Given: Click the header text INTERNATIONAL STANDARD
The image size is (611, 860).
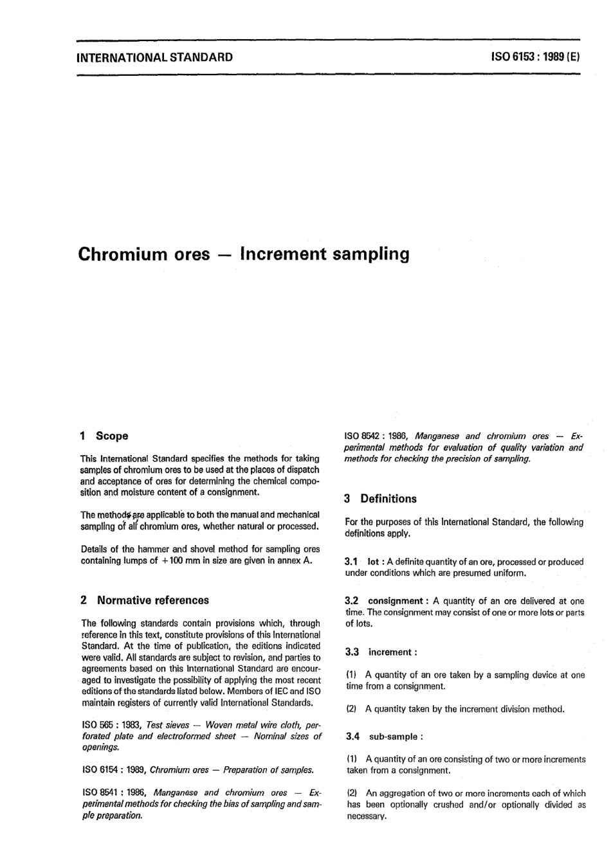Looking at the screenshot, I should click(x=154, y=57).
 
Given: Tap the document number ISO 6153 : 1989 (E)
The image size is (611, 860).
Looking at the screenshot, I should click(x=535, y=57).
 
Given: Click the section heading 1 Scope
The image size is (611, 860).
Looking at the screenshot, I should click(x=104, y=436).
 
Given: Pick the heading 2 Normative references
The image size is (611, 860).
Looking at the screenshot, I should click(x=145, y=600).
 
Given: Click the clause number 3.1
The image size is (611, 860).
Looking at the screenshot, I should click(x=352, y=562).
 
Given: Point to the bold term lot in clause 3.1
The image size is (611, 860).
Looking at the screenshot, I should click(x=372, y=562).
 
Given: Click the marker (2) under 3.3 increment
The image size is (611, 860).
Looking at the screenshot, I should click(x=352, y=710).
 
